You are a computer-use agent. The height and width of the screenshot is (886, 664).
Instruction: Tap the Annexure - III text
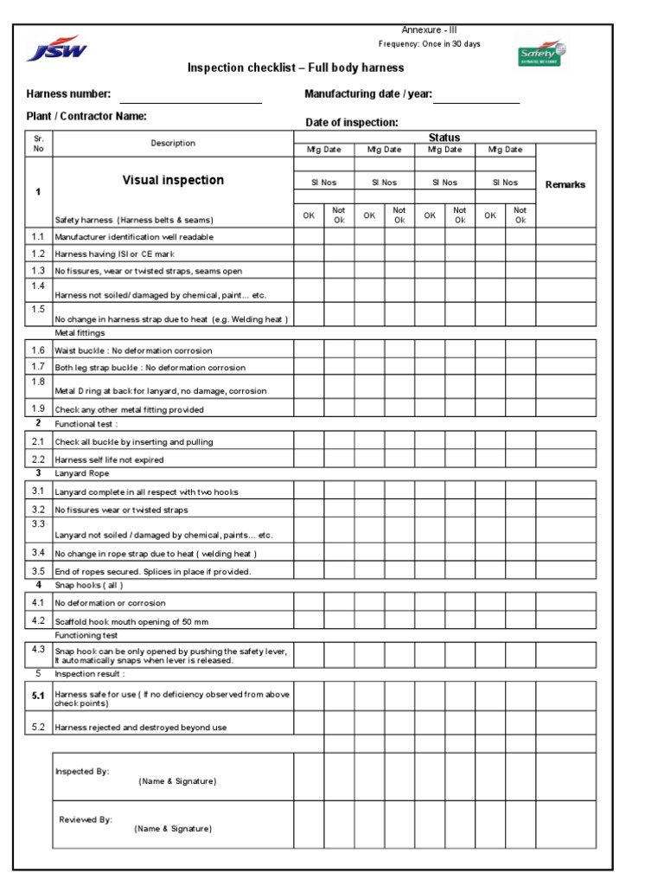click(x=424, y=30)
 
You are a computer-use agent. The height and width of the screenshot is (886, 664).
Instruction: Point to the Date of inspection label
click(x=352, y=123)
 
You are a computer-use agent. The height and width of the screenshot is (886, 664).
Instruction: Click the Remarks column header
click(x=565, y=184)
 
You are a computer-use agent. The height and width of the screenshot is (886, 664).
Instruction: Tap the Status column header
click(x=444, y=138)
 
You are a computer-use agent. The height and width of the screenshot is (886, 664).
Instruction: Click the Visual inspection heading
click(x=173, y=180)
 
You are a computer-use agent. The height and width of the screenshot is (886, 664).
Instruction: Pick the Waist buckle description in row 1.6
click(x=133, y=350)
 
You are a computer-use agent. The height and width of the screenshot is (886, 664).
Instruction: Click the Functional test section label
click(x=86, y=424)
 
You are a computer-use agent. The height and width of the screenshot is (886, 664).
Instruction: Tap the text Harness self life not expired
click(x=109, y=459)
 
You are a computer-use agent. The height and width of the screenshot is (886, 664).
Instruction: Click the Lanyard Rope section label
click(x=82, y=473)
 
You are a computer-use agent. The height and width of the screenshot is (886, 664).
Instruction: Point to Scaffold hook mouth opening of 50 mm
click(x=131, y=621)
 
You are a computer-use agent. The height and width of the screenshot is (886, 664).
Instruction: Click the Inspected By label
click(x=82, y=771)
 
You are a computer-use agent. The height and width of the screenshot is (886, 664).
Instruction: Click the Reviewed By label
click(x=86, y=819)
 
